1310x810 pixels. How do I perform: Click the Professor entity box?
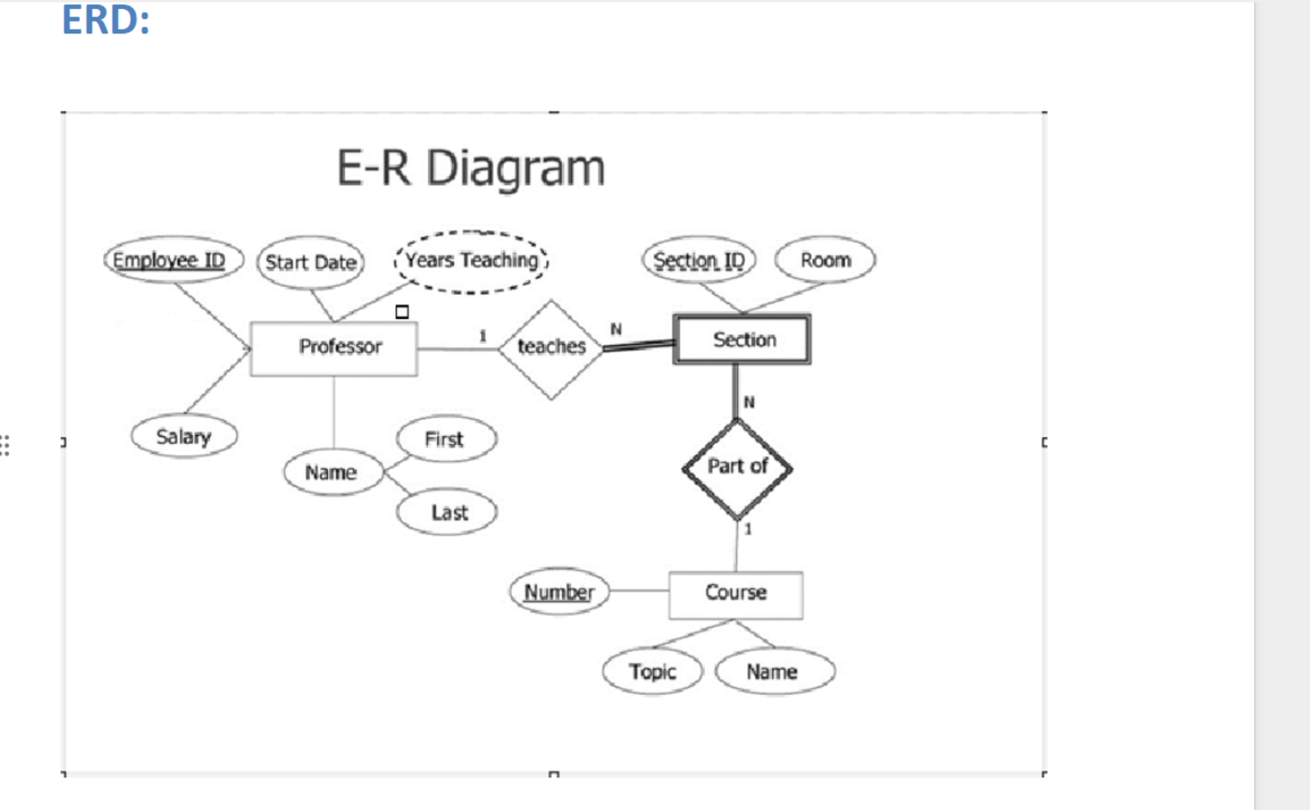(x=334, y=348)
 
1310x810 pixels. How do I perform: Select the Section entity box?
(x=742, y=340)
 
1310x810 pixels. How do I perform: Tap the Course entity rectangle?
(x=735, y=594)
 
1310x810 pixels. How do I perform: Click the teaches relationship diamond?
(x=551, y=348)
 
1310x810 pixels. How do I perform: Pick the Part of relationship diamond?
(x=737, y=467)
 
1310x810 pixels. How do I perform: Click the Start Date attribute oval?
(x=311, y=263)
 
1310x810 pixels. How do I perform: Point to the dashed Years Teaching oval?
(x=471, y=262)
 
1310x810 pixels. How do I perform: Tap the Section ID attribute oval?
(x=699, y=261)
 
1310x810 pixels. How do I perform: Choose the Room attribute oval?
(x=825, y=261)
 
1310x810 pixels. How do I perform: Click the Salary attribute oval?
(x=184, y=437)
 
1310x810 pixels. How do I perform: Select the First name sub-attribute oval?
(x=446, y=440)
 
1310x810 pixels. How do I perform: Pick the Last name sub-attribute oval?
(x=447, y=513)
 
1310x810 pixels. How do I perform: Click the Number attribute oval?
(x=559, y=592)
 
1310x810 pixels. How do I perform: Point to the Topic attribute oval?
(x=653, y=672)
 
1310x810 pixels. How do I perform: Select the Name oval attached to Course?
(x=774, y=672)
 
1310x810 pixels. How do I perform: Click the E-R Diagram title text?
(x=470, y=168)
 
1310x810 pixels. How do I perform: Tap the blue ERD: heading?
(x=105, y=20)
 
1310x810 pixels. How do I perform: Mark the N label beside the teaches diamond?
(x=616, y=329)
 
